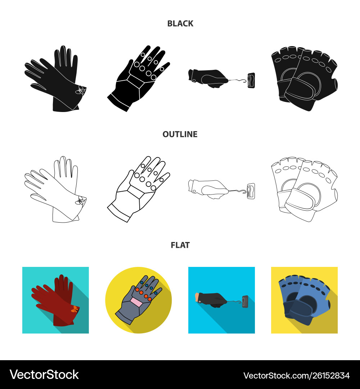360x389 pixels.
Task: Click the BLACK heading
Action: (x=180, y=23)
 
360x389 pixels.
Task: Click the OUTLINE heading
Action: (x=180, y=134)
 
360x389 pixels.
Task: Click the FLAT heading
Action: (x=180, y=245)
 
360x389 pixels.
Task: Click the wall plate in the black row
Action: (x=251, y=80)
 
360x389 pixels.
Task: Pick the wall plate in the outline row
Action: (x=251, y=191)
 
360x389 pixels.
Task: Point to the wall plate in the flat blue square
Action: (x=245, y=301)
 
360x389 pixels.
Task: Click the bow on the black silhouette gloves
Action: (x=80, y=90)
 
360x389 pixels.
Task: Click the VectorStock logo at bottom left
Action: (x=44, y=375)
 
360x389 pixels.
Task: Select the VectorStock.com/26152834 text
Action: (x=297, y=376)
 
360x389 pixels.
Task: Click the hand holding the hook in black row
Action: (x=208, y=78)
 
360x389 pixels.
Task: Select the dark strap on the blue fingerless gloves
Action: (x=299, y=309)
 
